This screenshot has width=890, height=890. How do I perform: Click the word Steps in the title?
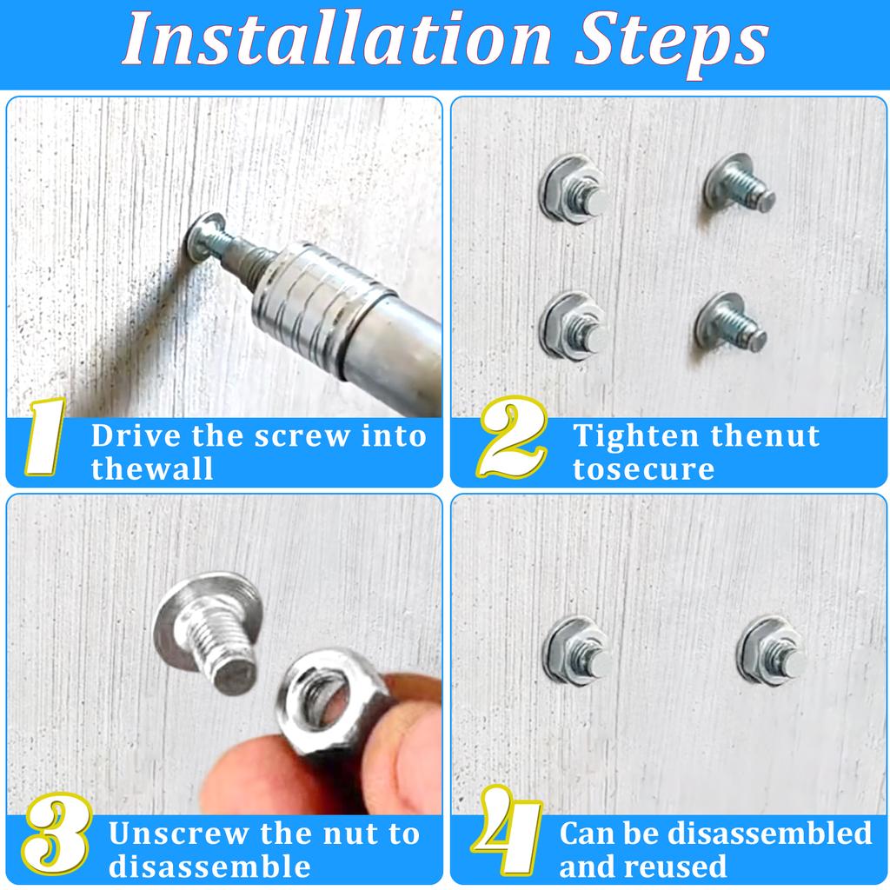[672, 43]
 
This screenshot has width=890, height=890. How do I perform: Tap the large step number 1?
[45, 436]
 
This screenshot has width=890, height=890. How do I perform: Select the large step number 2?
[513, 437]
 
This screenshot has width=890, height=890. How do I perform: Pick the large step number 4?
[507, 831]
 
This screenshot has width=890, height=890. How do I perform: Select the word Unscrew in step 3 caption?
[179, 834]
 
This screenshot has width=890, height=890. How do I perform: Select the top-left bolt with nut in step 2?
[574, 189]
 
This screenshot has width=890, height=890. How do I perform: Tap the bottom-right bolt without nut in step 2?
[730, 322]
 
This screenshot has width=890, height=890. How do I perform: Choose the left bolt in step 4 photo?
[577, 650]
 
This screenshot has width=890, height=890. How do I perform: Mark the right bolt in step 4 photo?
[771, 650]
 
